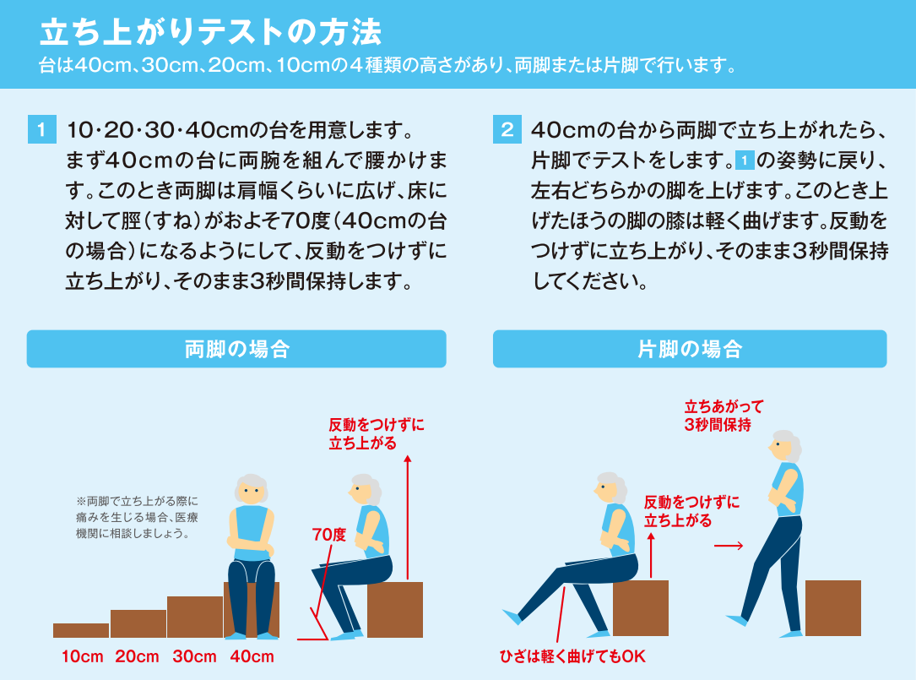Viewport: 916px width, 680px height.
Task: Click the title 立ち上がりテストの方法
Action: pos(210,31)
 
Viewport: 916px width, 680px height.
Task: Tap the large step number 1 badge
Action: pos(42,129)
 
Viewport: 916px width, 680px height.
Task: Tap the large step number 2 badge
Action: pos(507,129)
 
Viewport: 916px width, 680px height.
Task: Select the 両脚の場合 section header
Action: pos(236,349)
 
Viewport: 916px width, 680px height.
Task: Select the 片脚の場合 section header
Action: pos(690,349)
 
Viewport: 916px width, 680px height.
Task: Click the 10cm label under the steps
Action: pos(83,656)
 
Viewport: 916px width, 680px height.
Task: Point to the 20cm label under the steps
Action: pos(137,656)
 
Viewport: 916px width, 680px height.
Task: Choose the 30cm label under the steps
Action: pos(194,656)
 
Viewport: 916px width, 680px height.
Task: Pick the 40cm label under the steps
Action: pos(252,656)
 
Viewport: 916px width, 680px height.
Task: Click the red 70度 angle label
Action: pos(329,535)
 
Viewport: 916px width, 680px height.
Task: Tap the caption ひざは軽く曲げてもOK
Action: pos(572,656)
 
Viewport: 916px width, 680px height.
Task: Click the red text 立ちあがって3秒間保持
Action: pos(724,416)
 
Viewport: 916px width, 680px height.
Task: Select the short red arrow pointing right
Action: pos(729,546)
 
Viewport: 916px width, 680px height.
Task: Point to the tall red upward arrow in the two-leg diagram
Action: pos(407,517)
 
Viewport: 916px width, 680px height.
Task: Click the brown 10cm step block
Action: pos(81,630)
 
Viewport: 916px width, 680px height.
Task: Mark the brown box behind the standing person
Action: pos(833,608)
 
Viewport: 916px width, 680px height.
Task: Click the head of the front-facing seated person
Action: pos(252,490)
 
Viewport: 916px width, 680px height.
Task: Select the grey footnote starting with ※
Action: pos(138,518)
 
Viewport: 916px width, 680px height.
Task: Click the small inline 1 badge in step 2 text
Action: pos(745,160)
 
